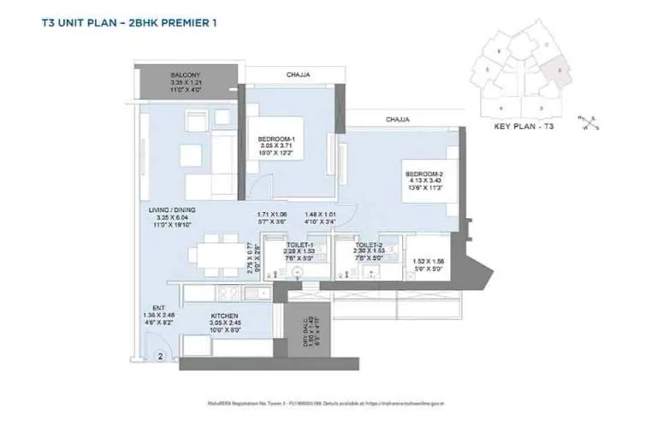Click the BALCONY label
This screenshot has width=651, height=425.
185,74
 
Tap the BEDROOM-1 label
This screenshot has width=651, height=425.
276,139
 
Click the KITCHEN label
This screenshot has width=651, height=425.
224,315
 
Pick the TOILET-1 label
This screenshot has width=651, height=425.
301,244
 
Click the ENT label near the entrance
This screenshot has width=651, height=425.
159,307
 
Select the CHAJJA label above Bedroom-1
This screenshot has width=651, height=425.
298,75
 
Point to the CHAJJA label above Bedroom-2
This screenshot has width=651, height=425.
399,119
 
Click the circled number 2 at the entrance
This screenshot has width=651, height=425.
158,359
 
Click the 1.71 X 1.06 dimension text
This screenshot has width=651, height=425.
271,215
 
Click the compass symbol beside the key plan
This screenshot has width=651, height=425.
589,122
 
